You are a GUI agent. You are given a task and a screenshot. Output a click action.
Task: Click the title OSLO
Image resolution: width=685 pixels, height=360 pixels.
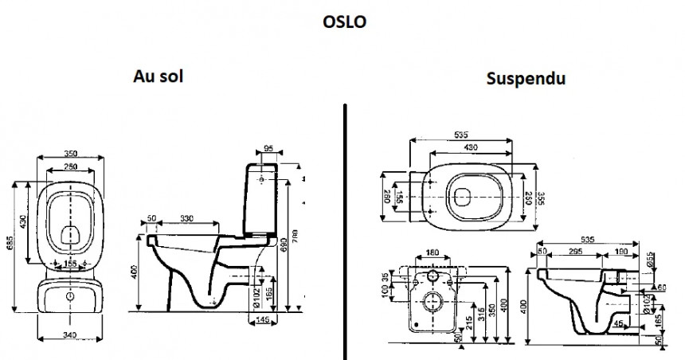click(x=345, y=22)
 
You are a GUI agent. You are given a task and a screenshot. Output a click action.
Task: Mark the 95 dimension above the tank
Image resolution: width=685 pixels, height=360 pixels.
click(x=268, y=147)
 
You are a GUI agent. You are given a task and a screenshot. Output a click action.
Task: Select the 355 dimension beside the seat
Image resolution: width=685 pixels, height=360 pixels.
click(x=542, y=196)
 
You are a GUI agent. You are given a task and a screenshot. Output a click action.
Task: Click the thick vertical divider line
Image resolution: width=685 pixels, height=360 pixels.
click(x=346, y=231)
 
